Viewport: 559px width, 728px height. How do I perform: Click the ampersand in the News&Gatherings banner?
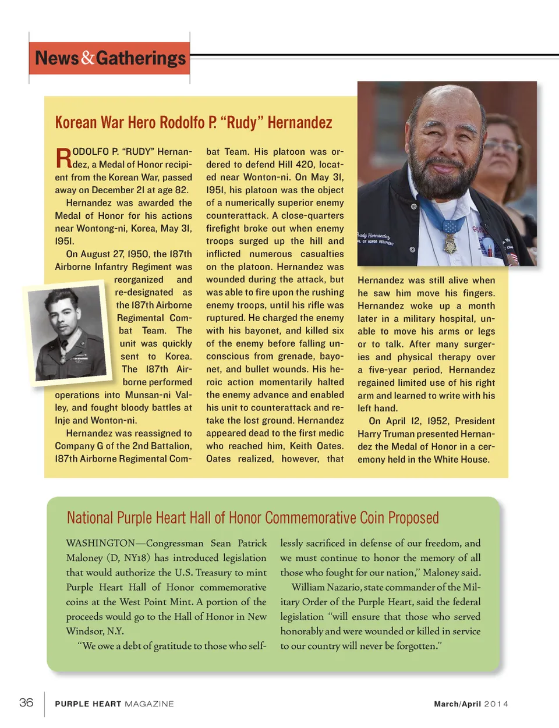pos(88,58)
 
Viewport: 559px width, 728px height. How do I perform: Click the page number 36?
pos(26,702)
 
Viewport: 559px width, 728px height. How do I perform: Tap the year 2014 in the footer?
pos(496,704)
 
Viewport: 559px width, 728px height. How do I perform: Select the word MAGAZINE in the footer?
pos(149,704)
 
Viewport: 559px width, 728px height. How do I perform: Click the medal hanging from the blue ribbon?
pos(450,243)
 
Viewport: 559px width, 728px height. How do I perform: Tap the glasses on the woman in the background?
pos(502,147)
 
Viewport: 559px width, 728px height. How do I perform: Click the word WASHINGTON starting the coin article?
pos(100,543)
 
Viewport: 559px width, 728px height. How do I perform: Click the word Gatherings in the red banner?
pos(141,58)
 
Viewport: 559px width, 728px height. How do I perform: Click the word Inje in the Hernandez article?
pos(63,420)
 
